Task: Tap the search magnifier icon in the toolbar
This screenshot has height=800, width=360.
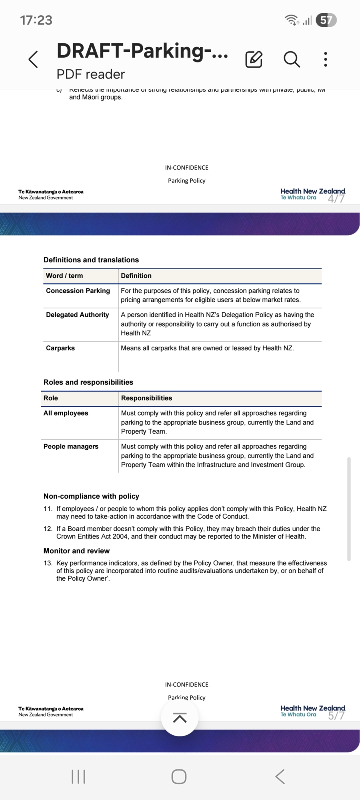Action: tap(292, 60)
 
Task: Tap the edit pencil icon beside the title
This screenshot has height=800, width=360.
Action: tap(254, 60)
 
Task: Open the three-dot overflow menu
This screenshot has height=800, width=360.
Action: tap(326, 59)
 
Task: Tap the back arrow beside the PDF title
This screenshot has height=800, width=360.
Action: tap(34, 60)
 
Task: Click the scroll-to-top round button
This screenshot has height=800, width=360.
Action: tap(180, 718)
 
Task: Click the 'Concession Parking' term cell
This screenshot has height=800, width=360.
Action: tap(78, 291)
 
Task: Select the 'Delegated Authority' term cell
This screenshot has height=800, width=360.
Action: tap(77, 315)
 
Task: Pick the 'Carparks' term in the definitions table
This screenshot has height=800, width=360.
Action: tap(60, 348)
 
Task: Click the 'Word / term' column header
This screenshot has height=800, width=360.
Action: tap(64, 276)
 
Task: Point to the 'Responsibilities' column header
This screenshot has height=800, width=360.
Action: tap(146, 398)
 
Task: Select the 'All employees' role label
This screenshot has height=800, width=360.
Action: tap(66, 413)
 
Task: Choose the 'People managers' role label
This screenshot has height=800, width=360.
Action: tap(71, 446)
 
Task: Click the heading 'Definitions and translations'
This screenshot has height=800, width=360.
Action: tap(91, 260)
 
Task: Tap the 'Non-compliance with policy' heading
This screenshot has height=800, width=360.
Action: tap(91, 496)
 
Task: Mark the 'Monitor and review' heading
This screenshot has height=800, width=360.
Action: tap(76, 551)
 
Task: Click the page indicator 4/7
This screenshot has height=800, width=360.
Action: tap(336, 199)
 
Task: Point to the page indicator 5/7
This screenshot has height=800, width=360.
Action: tap(336, 716)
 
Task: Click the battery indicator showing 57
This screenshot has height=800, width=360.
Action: tap(326, 20)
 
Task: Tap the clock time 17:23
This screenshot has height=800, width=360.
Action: tap(36, 20)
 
